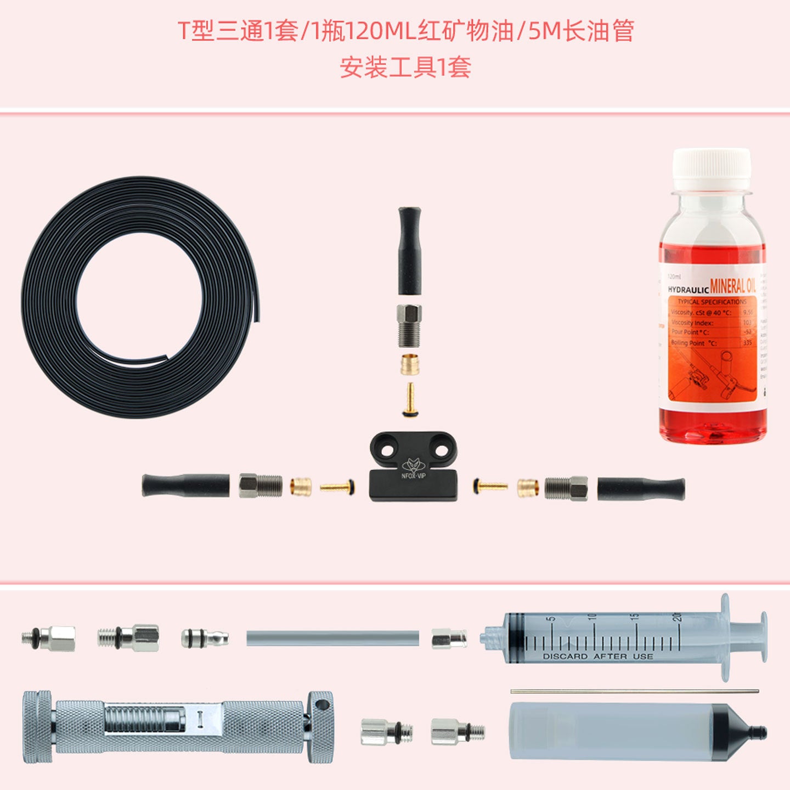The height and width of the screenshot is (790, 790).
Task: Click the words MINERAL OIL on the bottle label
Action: click(x=732, y=286)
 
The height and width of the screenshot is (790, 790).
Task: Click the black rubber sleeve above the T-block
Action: click(x=409, y=250)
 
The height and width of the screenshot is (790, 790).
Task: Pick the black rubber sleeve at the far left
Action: click(x=185, y=486)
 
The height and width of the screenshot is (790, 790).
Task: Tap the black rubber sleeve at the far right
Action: click(x=641, y=488)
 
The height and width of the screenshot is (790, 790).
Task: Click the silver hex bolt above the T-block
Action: click(x=409, y=325)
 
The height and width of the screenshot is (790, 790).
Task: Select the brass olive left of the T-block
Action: click(x=301, y=487)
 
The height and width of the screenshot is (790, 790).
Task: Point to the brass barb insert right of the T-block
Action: click(x=490, y=486)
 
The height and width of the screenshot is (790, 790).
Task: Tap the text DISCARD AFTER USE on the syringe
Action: click(x=597, y=656)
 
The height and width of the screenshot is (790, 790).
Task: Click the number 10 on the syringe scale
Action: click(x=592, y=617)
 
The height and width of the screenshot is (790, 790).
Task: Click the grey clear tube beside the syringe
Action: click(x=332, y=638)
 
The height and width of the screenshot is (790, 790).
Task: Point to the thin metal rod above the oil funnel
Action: click(x=634, y=691)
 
